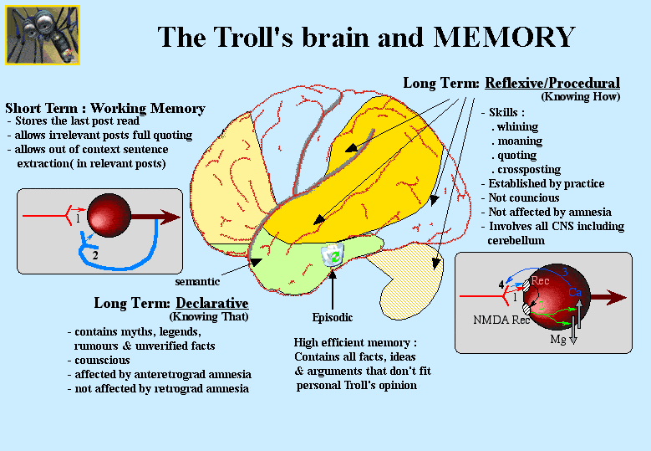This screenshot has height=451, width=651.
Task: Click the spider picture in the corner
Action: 43,35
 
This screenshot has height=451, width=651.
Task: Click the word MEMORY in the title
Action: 504,38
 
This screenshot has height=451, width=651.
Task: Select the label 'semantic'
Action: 197,282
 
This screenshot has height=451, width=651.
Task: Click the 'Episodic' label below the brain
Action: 333,317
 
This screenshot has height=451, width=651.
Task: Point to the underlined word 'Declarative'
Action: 211,303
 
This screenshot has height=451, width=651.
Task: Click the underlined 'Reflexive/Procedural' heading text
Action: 552,83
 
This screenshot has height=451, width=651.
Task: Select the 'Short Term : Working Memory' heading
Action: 105,109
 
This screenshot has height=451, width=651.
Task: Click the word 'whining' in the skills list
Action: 521,126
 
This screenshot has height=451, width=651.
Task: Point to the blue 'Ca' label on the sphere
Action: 575,292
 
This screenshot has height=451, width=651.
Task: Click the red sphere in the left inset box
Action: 107,217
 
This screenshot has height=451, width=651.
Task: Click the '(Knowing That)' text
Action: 209,316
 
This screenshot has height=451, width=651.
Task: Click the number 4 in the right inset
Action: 501,285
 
